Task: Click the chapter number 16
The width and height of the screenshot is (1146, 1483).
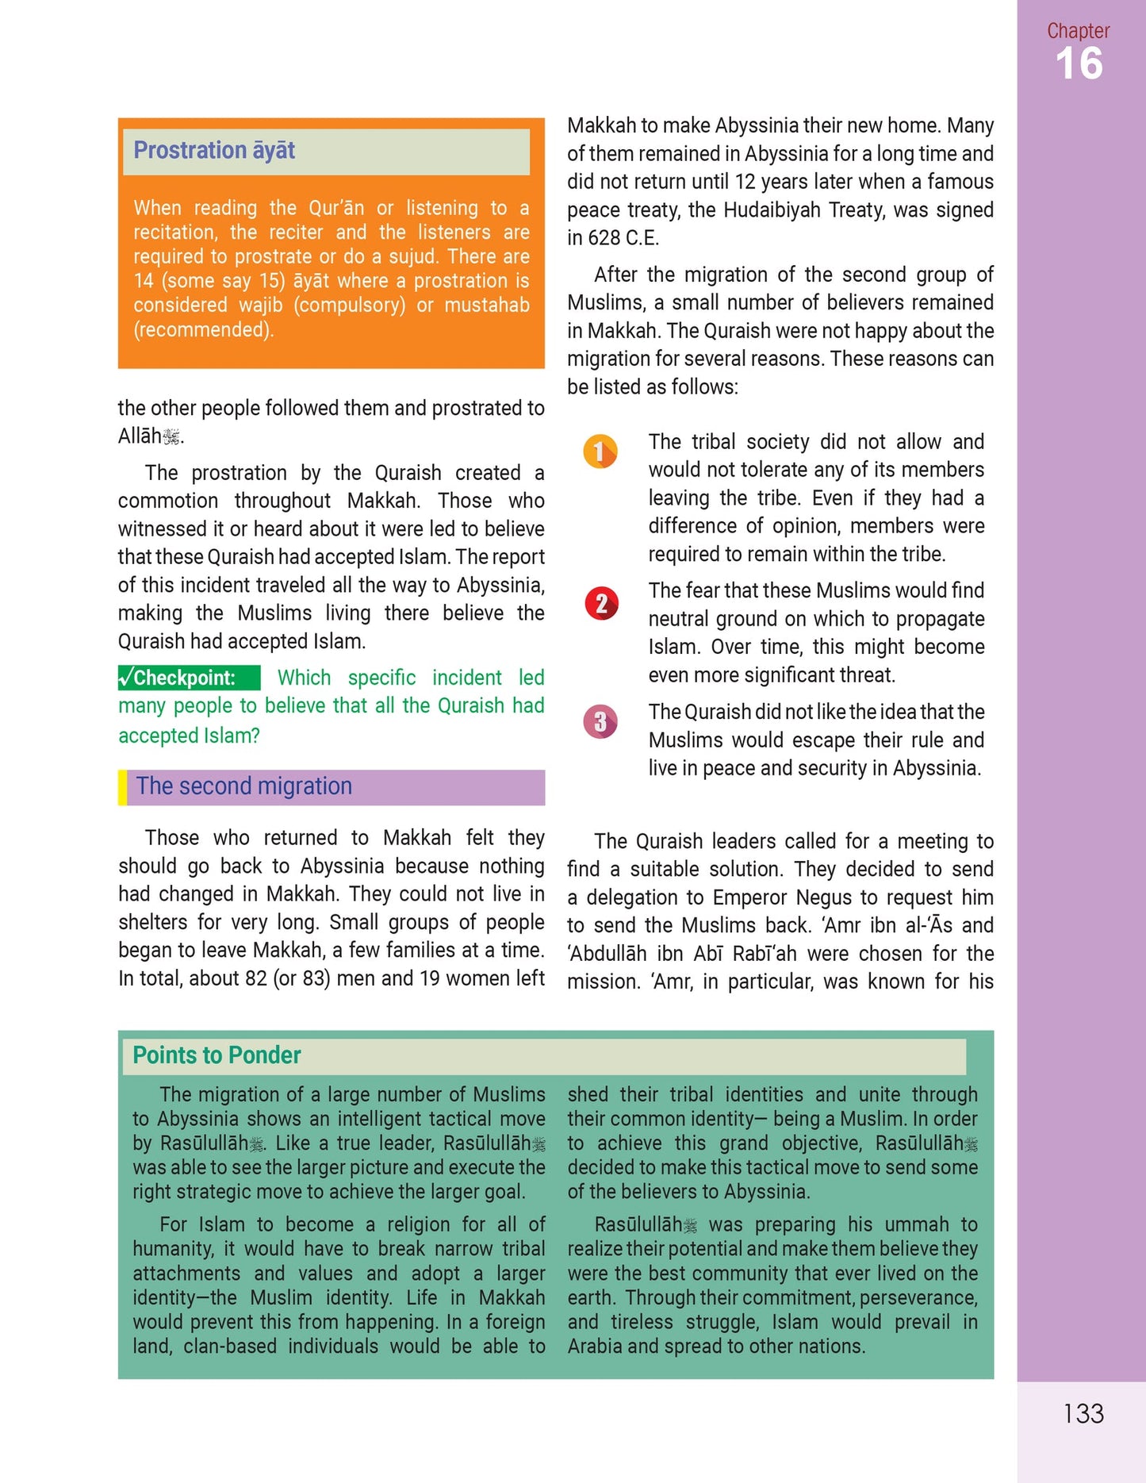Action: pyautogui.click(x=1079, y=63)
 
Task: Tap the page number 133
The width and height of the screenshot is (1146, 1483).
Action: pyautogui.click(x=1083, y=1413)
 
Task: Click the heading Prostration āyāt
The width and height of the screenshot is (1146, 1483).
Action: pyautogui.click(x=214, y=150)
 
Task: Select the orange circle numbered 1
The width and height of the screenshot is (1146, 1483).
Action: pyautogui.click(x=600, y=451)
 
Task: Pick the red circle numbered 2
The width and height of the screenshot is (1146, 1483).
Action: pyautogui.click(x=601, y=604)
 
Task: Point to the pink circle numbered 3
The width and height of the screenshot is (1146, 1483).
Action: pyautogui.click(x=600, y=721)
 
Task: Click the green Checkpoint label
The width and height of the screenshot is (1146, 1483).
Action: pyautogui.click(x=188, y=678)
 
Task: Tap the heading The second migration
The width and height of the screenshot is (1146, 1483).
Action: pyautogui.click(x=244, y=786)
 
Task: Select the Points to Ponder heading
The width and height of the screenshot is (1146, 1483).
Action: pyautogui.click(x=217, y=1055)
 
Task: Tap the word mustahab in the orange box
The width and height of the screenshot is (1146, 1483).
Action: pyautogui.click(x=486, y=305)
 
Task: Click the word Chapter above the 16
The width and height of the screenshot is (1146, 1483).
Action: pyautogui.click(x=1078, y=31)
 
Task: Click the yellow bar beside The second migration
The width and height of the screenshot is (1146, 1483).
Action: pyautogui.click(x=122, y=787)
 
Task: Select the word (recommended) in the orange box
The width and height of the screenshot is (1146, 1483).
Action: pyautogui.click(x=203, y=329)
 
